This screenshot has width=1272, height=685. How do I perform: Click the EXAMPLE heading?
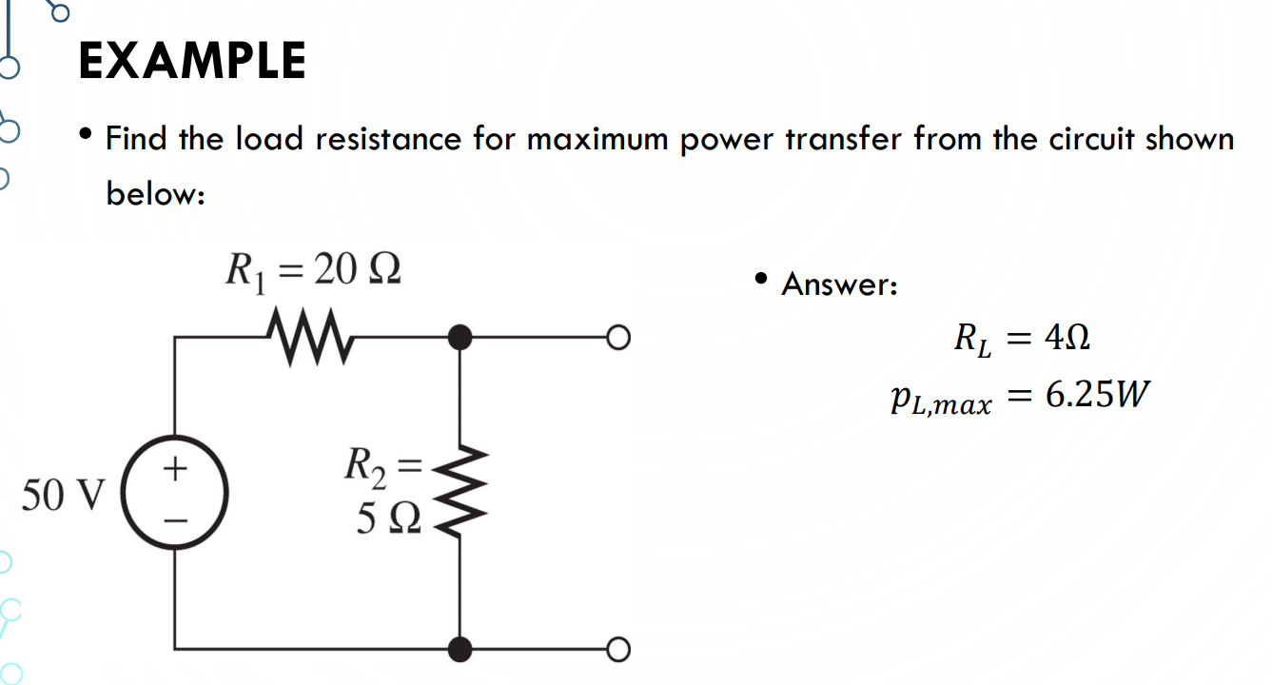192,61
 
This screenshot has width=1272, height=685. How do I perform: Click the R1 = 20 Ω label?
312,270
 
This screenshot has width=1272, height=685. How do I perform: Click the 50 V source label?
65,495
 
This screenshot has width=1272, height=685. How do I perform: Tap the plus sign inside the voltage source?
175,469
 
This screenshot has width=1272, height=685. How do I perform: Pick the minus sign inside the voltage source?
175,521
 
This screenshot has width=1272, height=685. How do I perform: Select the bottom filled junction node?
460,649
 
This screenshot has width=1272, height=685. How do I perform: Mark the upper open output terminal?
619,337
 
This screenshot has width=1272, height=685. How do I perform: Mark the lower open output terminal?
619,649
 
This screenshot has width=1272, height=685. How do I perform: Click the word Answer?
838,284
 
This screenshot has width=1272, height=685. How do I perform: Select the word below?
154,194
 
